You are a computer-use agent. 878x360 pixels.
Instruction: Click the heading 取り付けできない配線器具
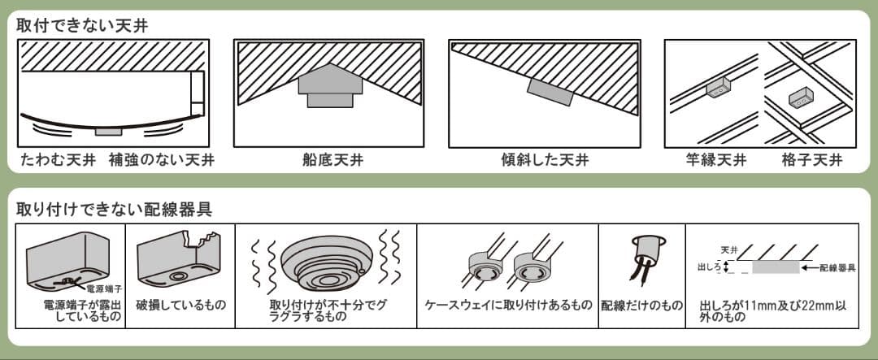tap(114, 209)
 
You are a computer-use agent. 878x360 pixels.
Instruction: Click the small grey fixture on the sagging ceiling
tap(107, 131)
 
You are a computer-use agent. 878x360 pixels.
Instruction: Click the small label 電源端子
tap(102, 288)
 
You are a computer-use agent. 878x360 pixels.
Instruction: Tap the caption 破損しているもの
tap(180, 305)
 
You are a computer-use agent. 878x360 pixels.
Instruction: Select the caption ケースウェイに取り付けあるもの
tap(508, 305)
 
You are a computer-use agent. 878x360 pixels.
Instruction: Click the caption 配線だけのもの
tap(641, 305)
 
